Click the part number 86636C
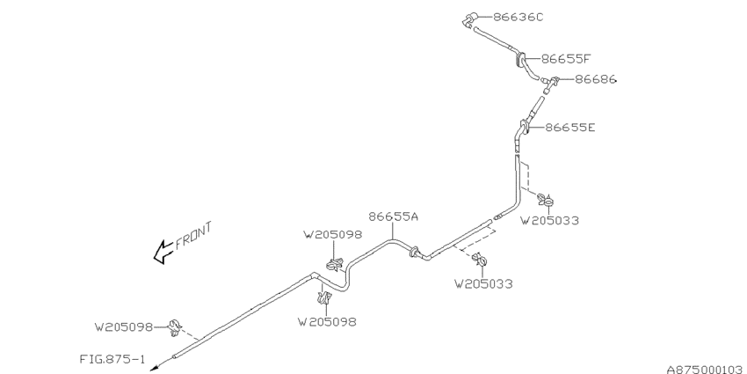coord(518,18)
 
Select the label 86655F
coord(566,59)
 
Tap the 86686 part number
coord(596,79)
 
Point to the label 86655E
coord(570,128)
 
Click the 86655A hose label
coord(394,216)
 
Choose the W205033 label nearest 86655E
coord(549,220)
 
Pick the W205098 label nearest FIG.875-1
coord(124,327)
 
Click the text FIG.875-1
coord(112,359)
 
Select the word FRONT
coord(193,236)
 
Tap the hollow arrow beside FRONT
coord(163,252)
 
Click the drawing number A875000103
coord(706,370)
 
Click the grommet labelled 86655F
coord(520,60)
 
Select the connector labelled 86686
coord(550,84)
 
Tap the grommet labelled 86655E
coord(523,128)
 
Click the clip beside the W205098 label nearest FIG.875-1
coord(175,328)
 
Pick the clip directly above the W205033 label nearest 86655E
coord(546,200)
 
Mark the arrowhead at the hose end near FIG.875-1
coord(154,368)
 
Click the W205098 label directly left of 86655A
coord(332,235)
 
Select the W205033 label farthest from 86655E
coord(483,284)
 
